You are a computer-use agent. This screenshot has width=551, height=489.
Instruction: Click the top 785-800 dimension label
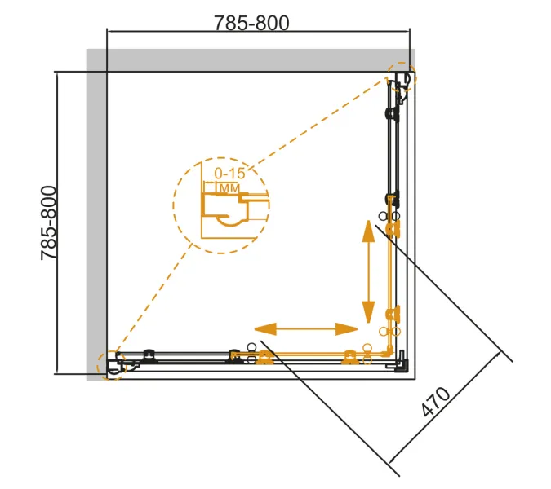pyautogui.click(x=251, y=23)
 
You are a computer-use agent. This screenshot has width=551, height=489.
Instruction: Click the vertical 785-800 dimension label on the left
pyautogui.click(x=48, y=223)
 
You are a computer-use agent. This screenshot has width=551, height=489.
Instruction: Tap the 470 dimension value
pyautogui.click(x=435, y=402)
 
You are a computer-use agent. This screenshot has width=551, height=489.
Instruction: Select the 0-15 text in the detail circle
pyautogui.click(x=229, y=174)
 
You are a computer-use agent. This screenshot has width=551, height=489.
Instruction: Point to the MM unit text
pyautogui.click(x=229, y=189)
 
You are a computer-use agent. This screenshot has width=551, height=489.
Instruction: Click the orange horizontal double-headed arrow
pyautogui.click(x=306, y=329)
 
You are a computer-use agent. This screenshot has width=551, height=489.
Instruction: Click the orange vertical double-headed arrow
pyautogui.click(x=368, y=271)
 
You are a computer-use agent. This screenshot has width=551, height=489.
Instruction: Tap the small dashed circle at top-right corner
pyautogui.click(x=402, y=63)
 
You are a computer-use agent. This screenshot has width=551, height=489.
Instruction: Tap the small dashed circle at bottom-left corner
pyautogui.click(x=99, y=365)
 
